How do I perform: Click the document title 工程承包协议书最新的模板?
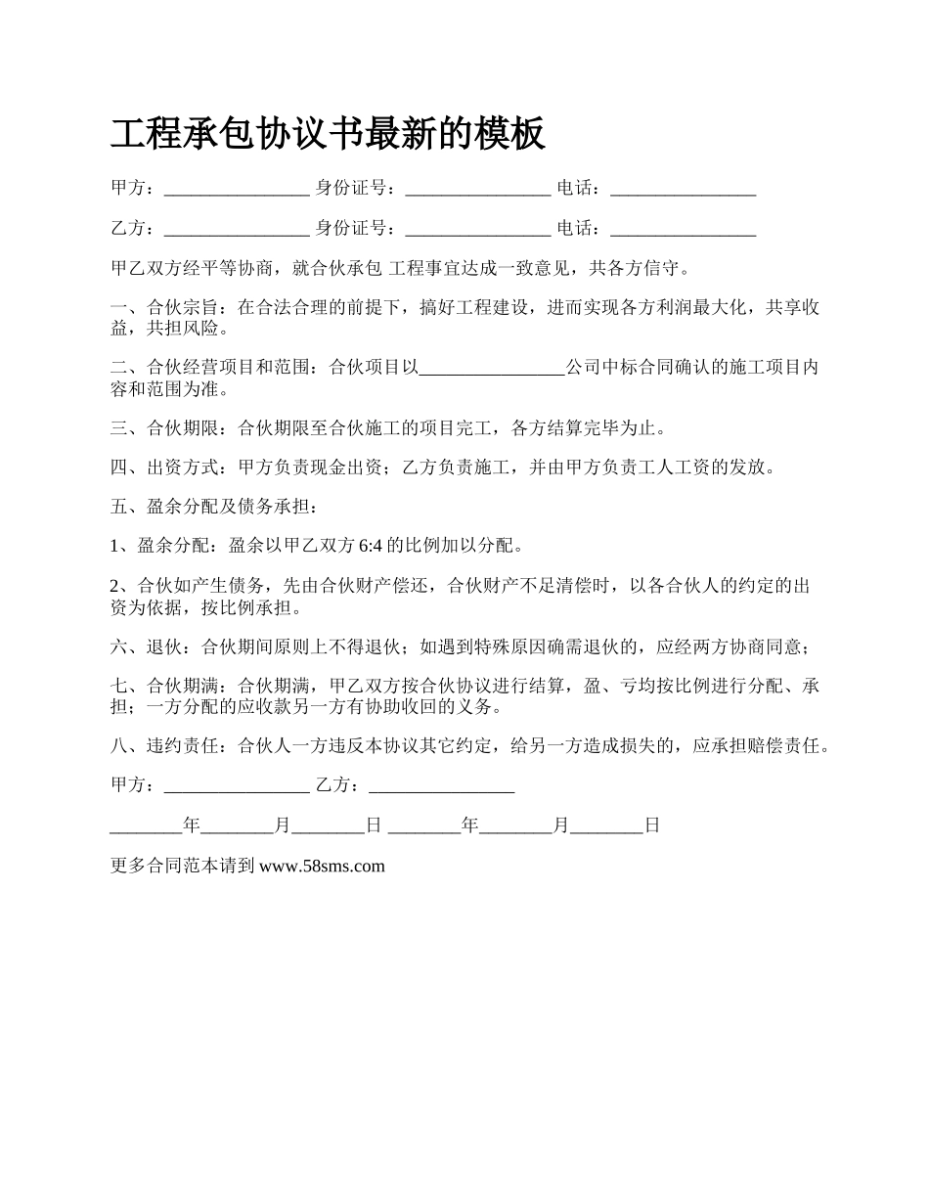pyautogui.click(x=328, y=134)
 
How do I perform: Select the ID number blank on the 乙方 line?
pyautogui.click(x=477, y=229)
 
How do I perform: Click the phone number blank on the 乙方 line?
pyautogui.click(x=683, y=229)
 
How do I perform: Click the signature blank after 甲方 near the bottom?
pyautogui.click(x=237, y=785)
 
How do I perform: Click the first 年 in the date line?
pyautogui.click(x=192, y=825)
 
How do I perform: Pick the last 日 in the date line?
pyautogui.click(x=652, y=825)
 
